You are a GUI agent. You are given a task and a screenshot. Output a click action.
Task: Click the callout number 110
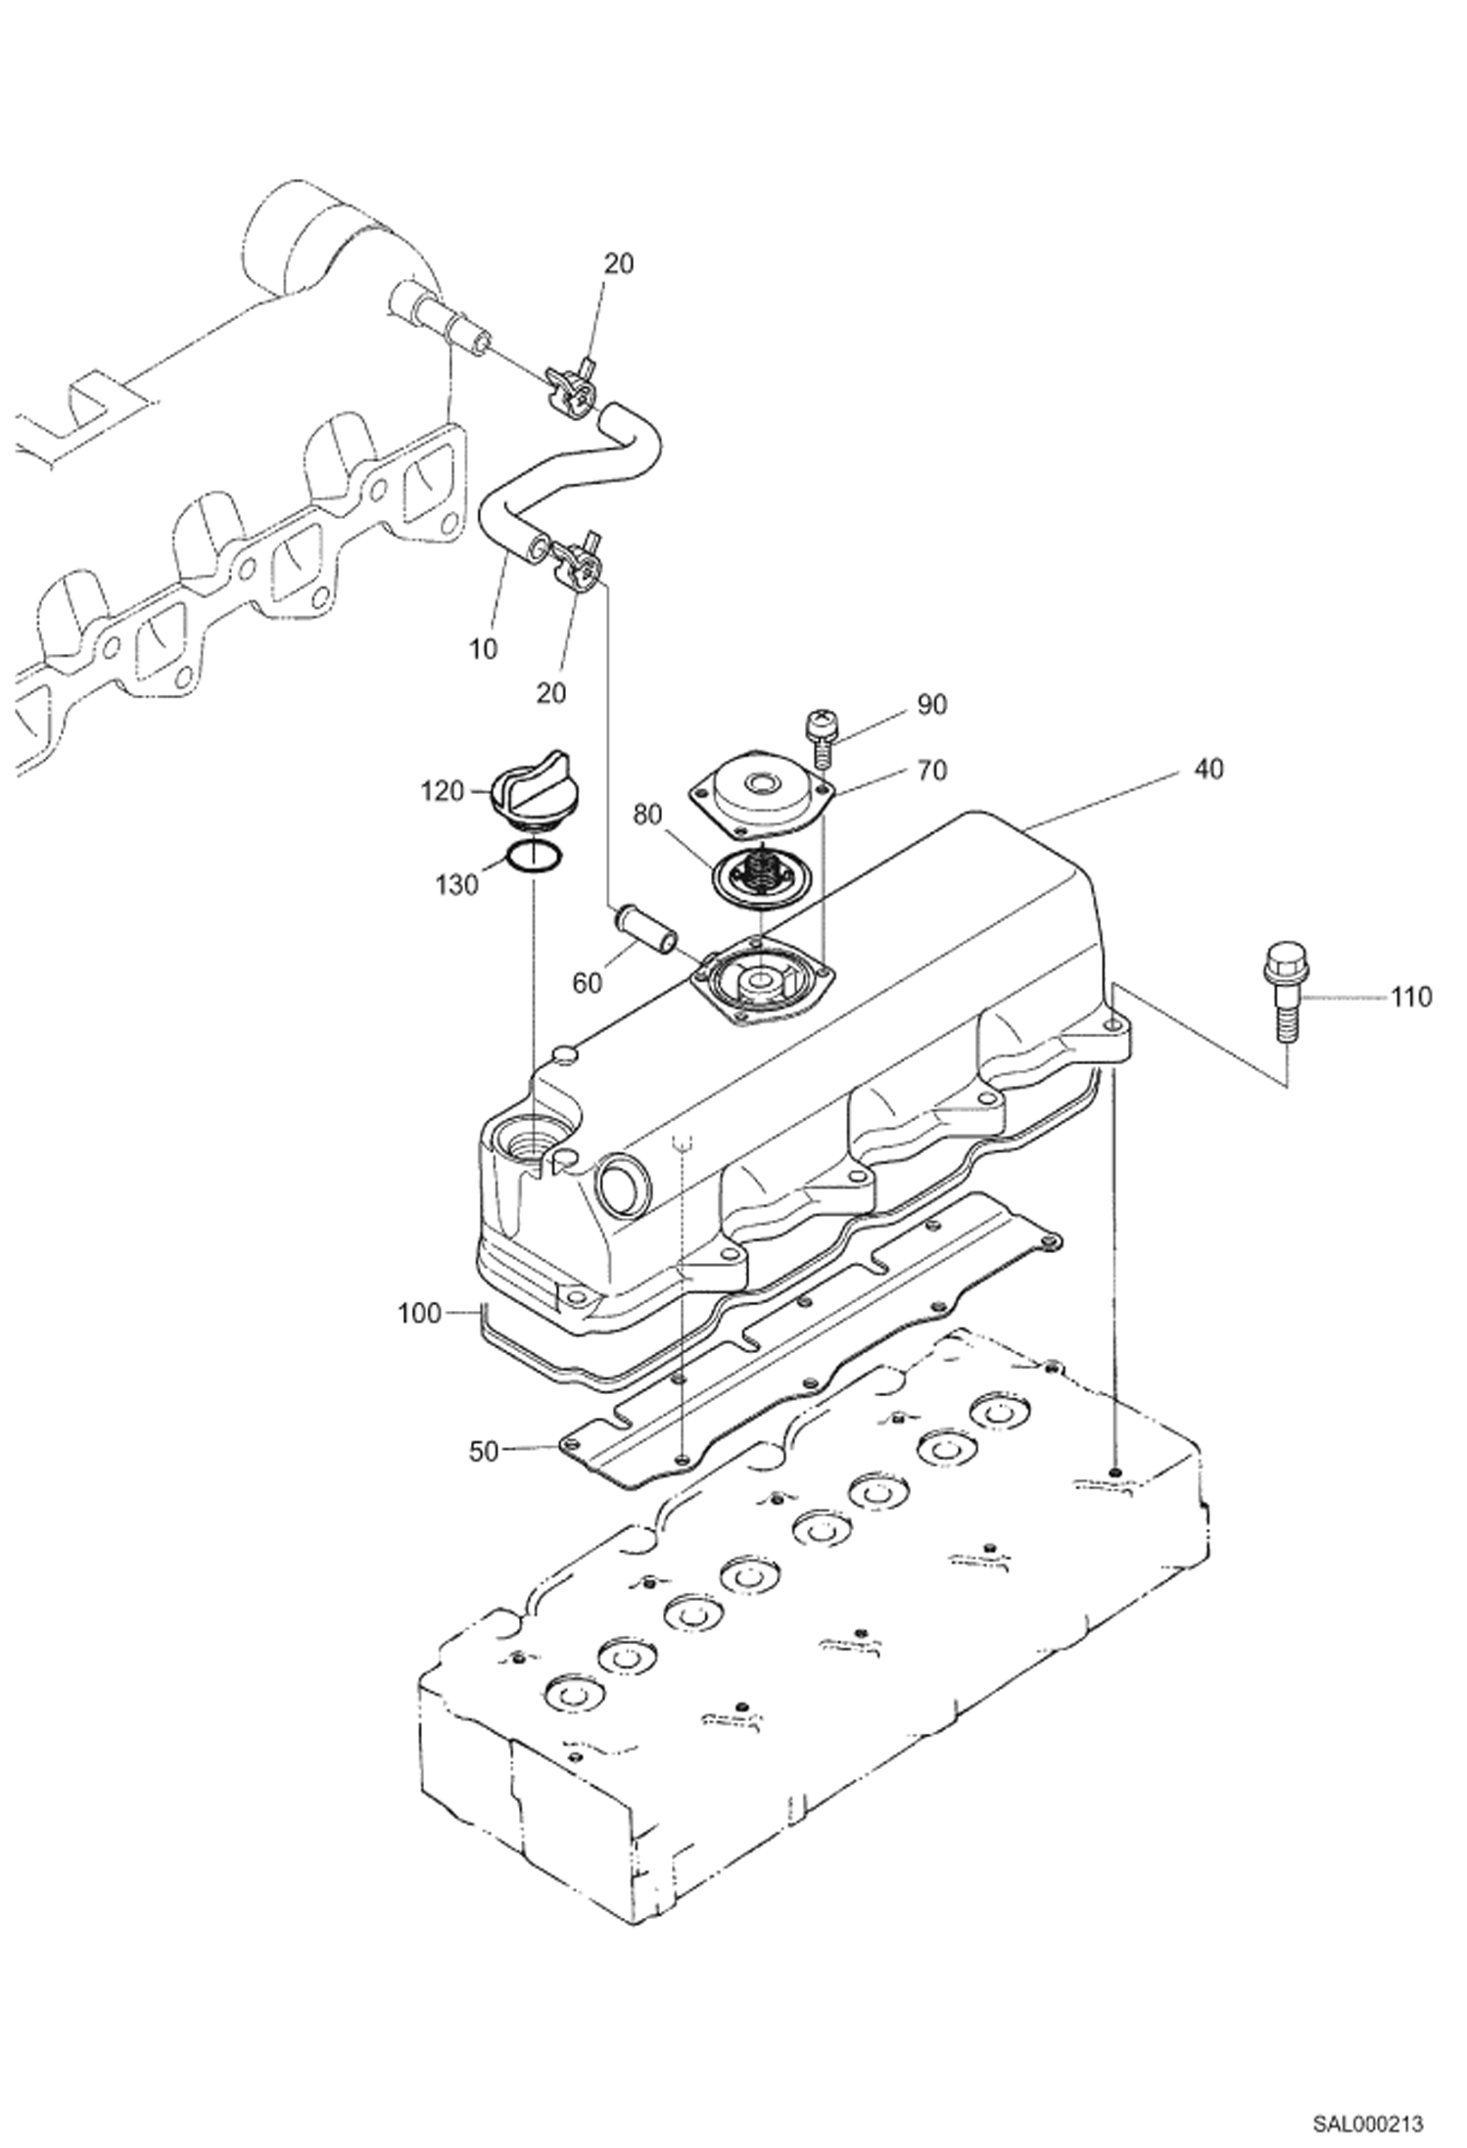(1411, 998)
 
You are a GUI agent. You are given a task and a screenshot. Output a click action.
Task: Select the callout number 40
(1209, 770)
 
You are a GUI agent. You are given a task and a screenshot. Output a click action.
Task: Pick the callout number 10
(483, 648)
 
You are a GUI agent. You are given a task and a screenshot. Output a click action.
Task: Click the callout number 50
(484, 1452)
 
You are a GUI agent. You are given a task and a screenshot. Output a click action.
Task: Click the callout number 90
(931, 704)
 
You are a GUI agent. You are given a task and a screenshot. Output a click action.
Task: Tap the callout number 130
(457, 885)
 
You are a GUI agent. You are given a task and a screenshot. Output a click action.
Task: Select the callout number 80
(647, 815)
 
